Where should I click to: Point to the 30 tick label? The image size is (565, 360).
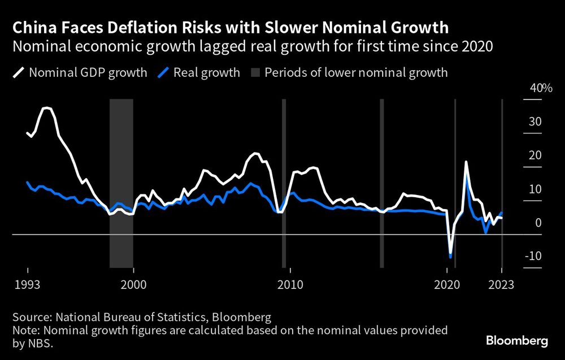tap(535, 122)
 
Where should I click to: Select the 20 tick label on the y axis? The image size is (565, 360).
tap(535, 155)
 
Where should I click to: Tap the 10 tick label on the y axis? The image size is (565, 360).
tap(535, 189)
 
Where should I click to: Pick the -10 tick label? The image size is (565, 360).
tap(533, 256)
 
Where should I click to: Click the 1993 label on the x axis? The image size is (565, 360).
tap(28, 285)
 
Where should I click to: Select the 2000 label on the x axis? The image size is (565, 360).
tap(133, 285)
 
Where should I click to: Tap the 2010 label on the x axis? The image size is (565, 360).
tap(290, 285)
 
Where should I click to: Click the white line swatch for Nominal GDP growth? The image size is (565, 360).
tap(19, 72)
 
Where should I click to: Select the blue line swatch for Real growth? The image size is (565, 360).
tap(164, 72)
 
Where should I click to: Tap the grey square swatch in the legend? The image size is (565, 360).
tap(254, 72)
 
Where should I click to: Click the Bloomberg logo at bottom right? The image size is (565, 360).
tap(517, 341)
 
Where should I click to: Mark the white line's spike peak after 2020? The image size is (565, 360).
tap(466, 162)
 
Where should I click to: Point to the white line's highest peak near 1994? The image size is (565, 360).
tap(47, 107)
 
